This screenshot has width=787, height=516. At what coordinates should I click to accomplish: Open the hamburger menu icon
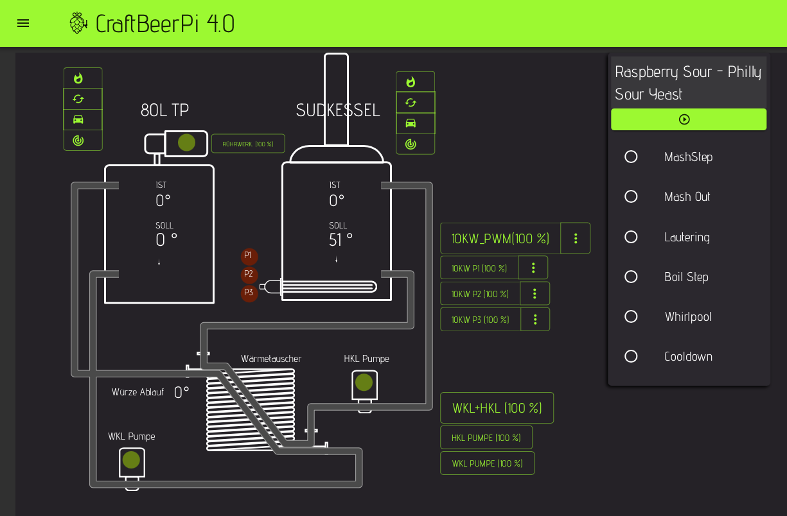(23, 23)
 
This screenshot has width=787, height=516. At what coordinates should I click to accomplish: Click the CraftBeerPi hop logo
(78, 23)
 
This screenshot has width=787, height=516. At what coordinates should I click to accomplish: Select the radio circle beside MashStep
(631, 157)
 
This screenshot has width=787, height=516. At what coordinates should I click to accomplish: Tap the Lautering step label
(687, 237)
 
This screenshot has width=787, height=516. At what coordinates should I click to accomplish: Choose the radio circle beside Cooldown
(631, 356)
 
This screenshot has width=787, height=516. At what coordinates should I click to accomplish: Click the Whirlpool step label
(687, 316)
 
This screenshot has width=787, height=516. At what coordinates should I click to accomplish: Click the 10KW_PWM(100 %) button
(500, 238)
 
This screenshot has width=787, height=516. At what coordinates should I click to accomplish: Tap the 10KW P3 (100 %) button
(481, 319)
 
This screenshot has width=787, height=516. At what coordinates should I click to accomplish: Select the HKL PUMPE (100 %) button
(486, 437)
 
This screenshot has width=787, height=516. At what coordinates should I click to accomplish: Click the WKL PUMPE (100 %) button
(487, 463)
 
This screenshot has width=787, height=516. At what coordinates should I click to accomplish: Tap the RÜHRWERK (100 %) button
(248, 144)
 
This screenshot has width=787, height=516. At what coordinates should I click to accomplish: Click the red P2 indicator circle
(249, 274)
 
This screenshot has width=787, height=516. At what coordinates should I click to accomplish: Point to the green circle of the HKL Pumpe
(364, 383)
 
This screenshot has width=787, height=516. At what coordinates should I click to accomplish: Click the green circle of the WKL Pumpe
(131, 460)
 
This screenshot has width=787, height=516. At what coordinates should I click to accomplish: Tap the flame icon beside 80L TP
(78, 78)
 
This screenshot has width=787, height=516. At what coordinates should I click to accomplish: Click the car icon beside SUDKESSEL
(411, 123)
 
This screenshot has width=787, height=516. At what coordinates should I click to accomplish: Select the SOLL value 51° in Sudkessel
(340, 240)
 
